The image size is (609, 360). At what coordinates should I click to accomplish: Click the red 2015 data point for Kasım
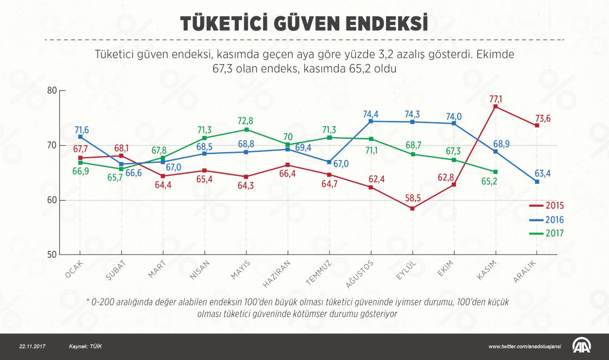point(495,107)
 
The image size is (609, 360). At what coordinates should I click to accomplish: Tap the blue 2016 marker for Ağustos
point(371,121)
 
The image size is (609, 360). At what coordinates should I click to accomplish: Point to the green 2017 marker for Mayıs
point(246,129)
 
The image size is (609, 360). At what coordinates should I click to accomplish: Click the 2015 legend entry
point(547,206)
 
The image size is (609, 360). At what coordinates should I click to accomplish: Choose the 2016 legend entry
point(547,220)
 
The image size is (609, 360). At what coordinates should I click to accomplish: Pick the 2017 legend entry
point(547,233)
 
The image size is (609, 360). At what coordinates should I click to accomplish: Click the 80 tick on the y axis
point(52,90)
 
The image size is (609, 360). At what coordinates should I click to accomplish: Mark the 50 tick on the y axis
point(52,255)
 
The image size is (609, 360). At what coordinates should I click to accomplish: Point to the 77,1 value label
point(496,98)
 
